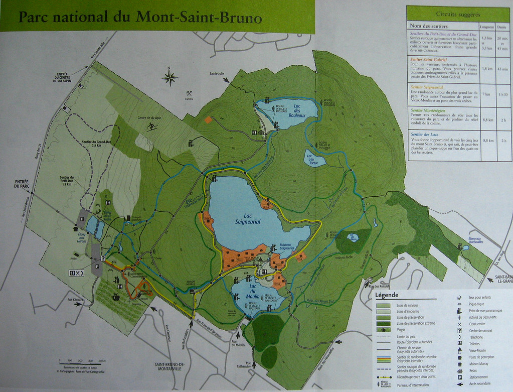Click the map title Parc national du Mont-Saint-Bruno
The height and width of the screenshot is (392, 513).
coord(140,18)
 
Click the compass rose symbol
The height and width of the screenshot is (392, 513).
coord(170,77)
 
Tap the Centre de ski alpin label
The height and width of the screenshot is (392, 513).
coord(152,118)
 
